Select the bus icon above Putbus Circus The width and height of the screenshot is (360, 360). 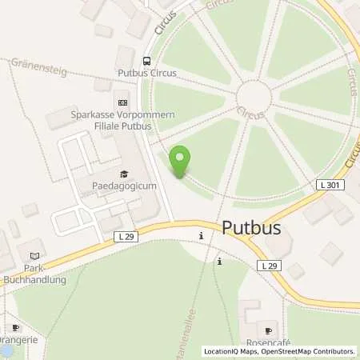(147, 60)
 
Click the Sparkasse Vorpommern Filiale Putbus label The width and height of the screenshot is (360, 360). (122, 119)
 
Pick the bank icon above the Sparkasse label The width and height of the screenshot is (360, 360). (122, 102)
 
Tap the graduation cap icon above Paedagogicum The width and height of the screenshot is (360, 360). (124, 174)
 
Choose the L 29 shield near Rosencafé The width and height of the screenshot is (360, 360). (269, 265)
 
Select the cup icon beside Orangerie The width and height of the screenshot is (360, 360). (14, 328)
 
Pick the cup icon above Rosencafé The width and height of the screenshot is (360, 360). (269, 329)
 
